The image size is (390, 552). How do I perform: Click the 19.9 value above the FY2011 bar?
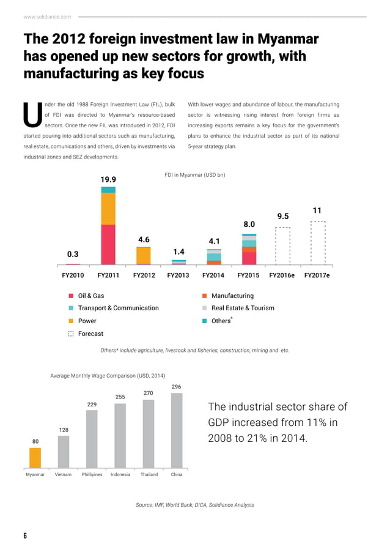pyautogui.click(x=108, y=179)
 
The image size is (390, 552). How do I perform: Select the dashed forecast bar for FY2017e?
pyautogui.click(x=317, y=243)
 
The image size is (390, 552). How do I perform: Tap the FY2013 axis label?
pyautogui.click(x=178, y=275)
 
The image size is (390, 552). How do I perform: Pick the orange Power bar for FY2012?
pyautogui.click(x=144, y=255)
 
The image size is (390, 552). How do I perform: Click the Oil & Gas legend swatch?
pyautogui.click(x=72, y=296)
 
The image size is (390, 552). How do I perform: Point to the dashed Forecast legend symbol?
pyautogui.click(x=72, y=334)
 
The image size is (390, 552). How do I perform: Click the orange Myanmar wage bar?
pyautogui.click(x=35, y=458)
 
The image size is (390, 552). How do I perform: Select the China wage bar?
pyautogui.click(x=177, y=431)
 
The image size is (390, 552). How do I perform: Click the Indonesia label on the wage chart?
pyautogui.click(x=120, y=474)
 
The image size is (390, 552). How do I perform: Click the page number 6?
pyautogui.click(x=25, y=536)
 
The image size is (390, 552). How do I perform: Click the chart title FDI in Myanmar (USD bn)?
pyautogui.click(x=195, y=175)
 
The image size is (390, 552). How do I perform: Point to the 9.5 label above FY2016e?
pyautogui.click(x=283, y=217)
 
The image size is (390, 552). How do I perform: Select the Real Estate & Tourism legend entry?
pyautogui.click(x=243, y=308)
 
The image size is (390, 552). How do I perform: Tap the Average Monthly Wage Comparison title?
pyautogui.click(x=108, y=375)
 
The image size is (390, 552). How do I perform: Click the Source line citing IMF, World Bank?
pyautogui.click(x=194, y=505)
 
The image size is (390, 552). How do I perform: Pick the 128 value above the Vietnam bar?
pyautogui.click(x=64, y=430)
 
